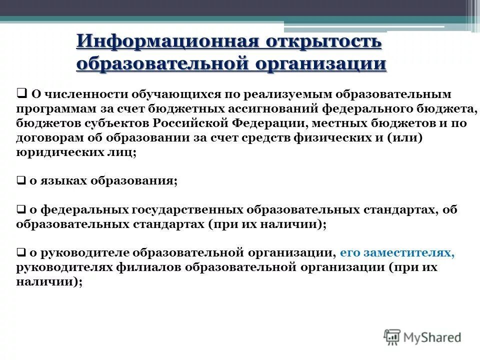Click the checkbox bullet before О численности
pos(21,93)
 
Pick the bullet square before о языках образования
pos(21,181)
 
